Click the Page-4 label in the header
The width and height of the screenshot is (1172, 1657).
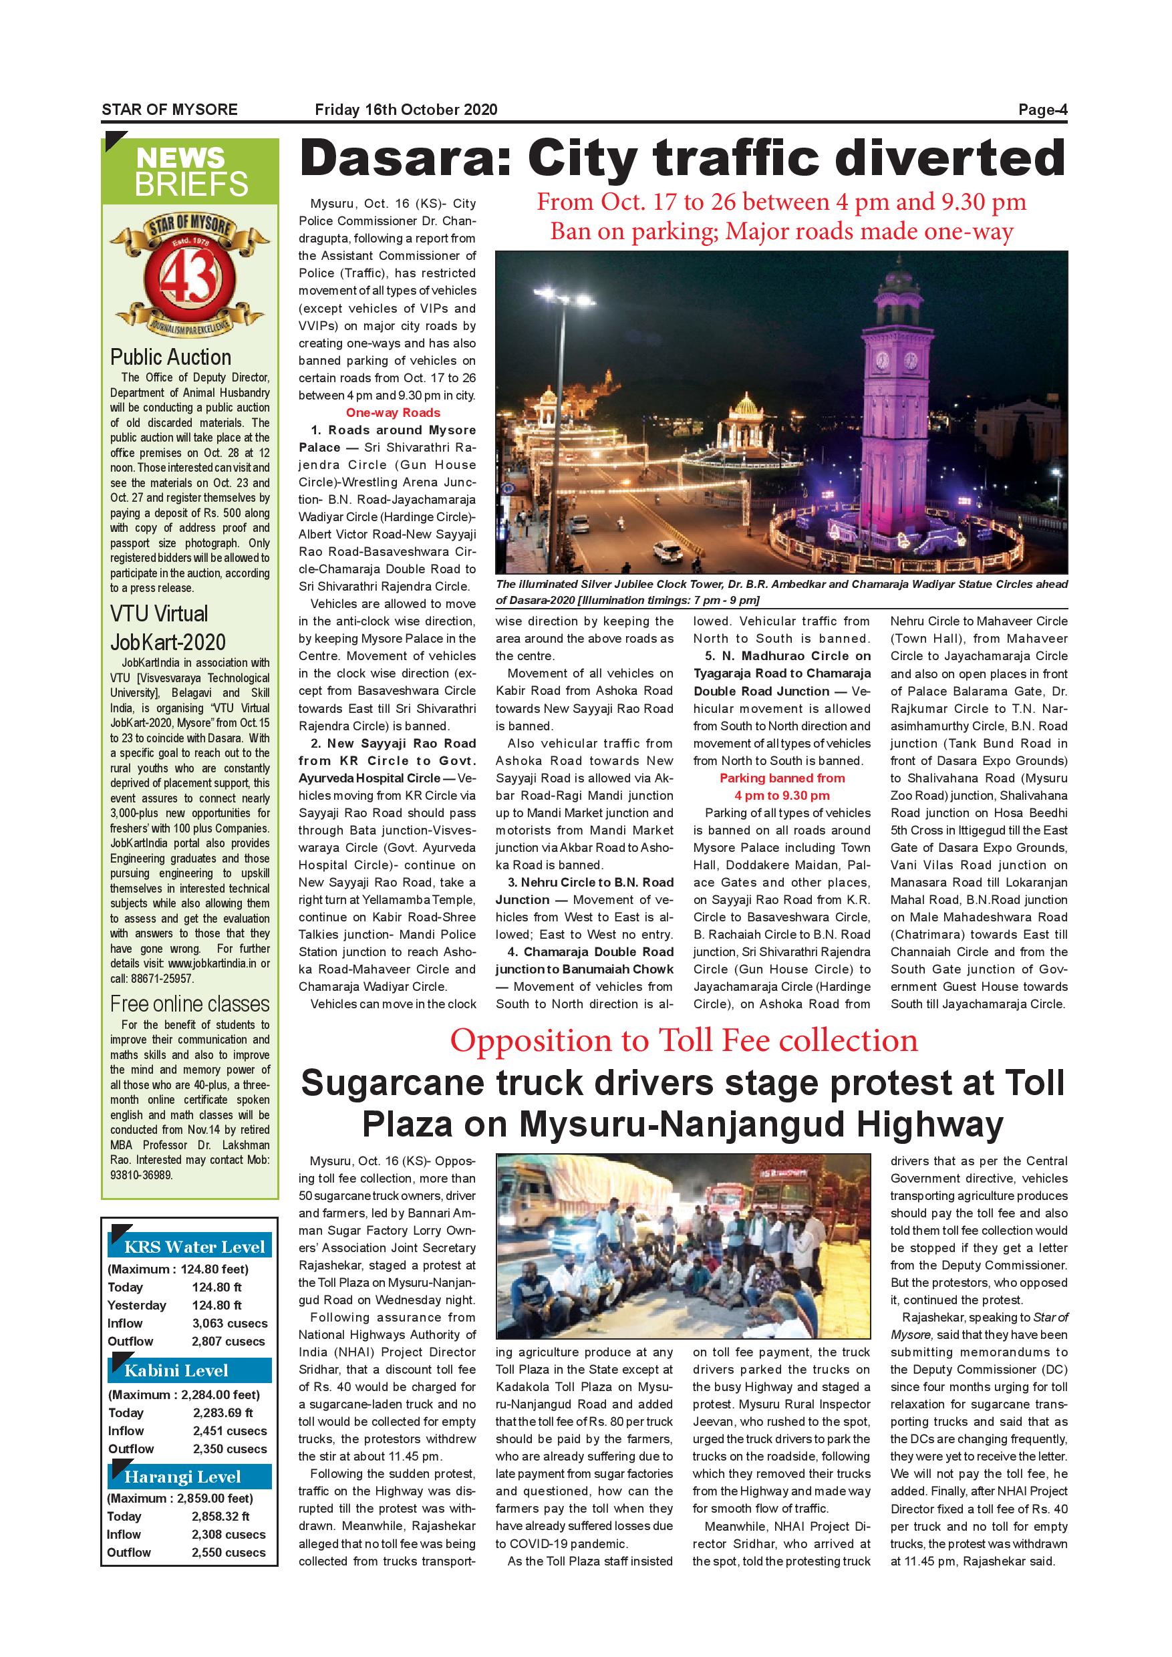(1042, 110)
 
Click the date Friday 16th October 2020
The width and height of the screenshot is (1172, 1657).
(406, 110)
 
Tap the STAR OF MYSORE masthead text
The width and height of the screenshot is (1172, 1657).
(170, 110)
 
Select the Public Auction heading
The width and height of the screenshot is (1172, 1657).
(170, 357)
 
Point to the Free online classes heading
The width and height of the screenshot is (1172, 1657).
(190, 1004)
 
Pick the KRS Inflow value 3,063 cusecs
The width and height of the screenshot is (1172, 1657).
(229, 1324)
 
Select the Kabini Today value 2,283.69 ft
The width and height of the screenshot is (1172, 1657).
(223, 1412)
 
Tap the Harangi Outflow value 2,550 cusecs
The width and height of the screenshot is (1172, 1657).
(229, 1552)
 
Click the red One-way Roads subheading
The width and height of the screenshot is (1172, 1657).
(393, 413)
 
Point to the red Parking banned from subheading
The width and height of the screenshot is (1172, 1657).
(782, 778)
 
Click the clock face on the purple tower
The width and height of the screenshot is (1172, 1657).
(883, 359)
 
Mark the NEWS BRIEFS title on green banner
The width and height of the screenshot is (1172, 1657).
(191, 171)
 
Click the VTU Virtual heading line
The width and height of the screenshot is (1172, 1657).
(159, 614)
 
